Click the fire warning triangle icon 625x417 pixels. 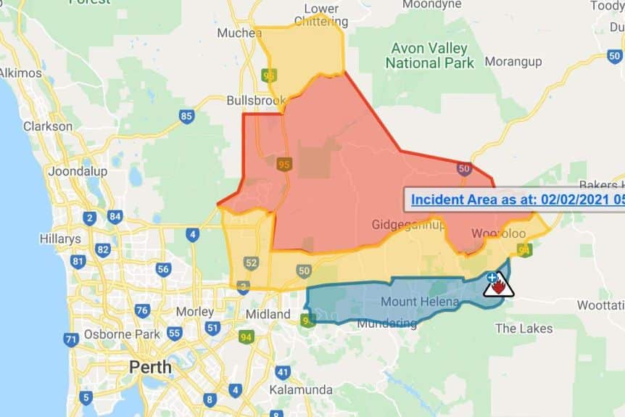tap(499, 286)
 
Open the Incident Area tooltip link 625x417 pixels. tap(515, 199)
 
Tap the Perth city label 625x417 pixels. tap(150, 366)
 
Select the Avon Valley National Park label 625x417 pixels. tap(429, 56)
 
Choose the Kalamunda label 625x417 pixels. tap(300, 390)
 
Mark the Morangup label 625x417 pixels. tap(513, 62)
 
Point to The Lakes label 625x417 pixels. tap(523, 329)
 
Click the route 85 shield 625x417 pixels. tap(187, 116)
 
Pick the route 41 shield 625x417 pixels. tap(282, 373)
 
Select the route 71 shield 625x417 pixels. tap(70, 339)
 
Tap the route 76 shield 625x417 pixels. tap(142, 311)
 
